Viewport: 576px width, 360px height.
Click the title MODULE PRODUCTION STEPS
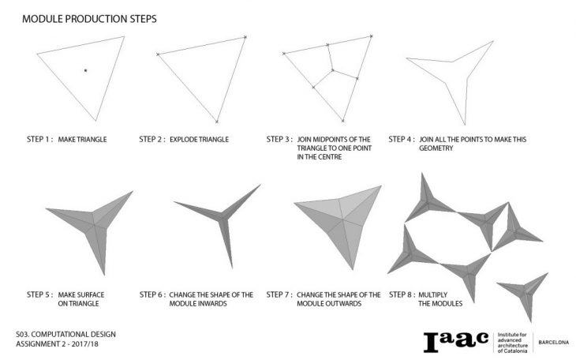pos(89,19)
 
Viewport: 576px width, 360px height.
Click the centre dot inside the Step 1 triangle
pos(85,70)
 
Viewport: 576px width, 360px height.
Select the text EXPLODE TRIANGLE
pos(199,140)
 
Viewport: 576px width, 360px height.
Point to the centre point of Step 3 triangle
pos(332,69)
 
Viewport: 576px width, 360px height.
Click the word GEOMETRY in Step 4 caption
pos(436,148)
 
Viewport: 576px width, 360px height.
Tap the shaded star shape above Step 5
pos(92,225)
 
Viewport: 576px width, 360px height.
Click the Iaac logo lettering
pos(456,342)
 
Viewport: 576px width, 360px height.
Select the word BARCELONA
pos(554,343)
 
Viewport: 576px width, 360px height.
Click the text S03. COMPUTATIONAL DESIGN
pos(65,335)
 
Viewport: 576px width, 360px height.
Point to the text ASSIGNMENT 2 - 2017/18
pos(57,344)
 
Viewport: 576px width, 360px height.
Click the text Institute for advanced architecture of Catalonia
pos(512,343)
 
